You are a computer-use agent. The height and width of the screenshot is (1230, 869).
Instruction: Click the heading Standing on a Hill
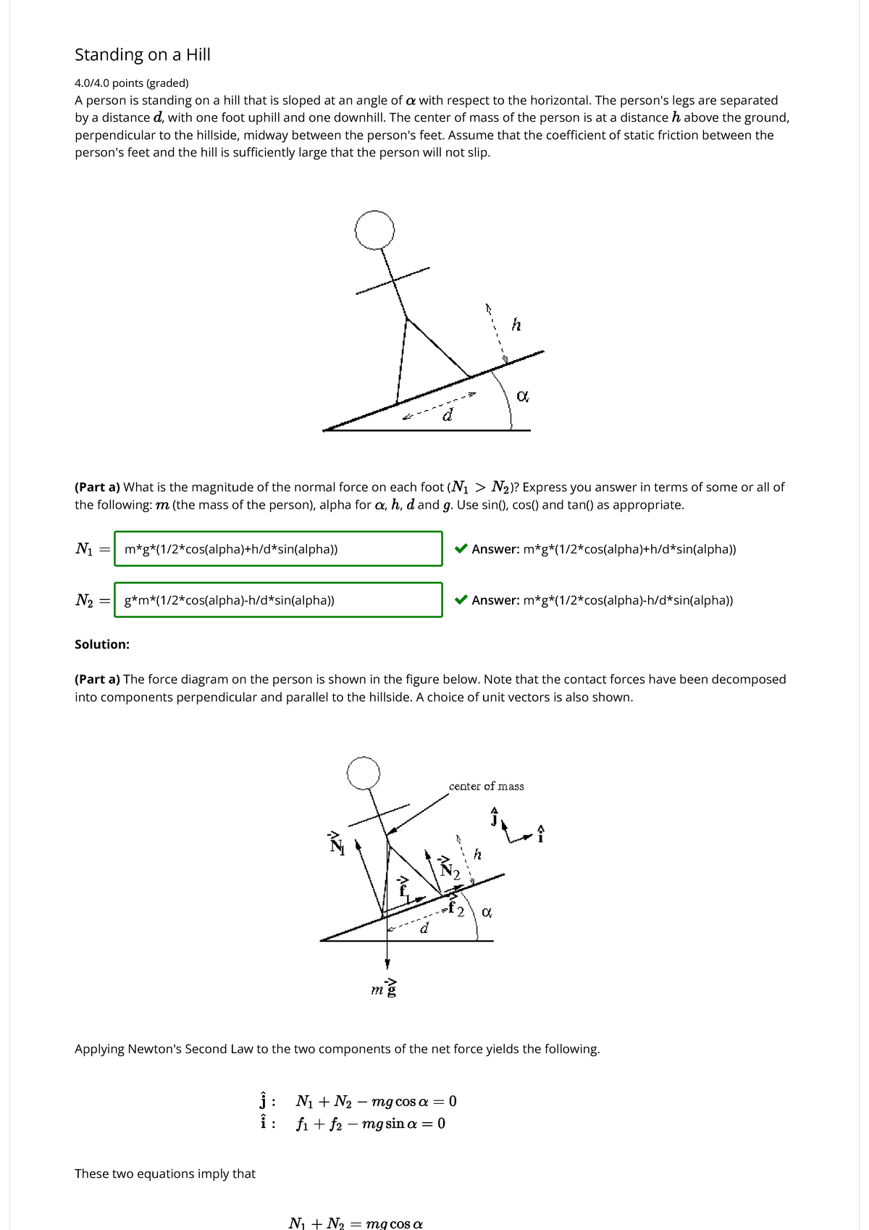[142, 55]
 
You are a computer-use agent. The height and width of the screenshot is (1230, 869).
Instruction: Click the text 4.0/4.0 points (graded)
[131, 83]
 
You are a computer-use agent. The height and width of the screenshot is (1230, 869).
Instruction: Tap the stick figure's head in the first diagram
[374, 230]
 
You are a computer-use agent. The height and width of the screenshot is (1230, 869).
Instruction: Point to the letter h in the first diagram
[516, 325]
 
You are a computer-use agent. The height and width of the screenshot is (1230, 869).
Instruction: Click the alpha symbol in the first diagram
[522, 396]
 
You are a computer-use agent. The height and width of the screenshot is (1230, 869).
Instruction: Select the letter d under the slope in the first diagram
[448, 416]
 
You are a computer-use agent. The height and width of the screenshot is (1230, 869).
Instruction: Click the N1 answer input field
[278, 549]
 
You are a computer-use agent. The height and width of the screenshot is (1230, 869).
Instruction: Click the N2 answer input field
[278, 600]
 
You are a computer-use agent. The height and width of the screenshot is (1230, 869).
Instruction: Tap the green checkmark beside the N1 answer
[461, 549]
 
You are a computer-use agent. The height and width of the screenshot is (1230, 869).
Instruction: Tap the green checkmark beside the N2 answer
[461, 600]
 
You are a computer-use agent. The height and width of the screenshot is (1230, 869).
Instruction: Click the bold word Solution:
[102, 645]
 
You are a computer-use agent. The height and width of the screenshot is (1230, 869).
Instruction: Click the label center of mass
[486, 787]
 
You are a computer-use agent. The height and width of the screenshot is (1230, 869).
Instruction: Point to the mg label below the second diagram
[384, 989]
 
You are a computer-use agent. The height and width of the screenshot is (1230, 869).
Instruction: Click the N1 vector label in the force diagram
[337, 845]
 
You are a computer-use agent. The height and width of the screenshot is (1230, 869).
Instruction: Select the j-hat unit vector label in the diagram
[495, 818]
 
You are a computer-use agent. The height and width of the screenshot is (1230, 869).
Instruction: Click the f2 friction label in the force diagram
[456, 908]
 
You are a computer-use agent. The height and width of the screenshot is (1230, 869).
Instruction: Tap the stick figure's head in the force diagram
[363, 774]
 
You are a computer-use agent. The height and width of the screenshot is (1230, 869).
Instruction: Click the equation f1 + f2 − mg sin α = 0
[370, 1124]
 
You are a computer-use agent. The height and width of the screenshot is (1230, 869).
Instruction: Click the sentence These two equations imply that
[165, 1173]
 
